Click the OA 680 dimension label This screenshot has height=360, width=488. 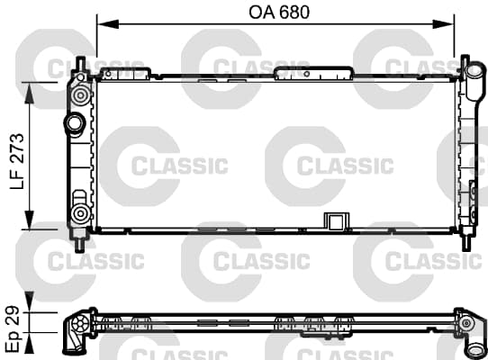(279, 13)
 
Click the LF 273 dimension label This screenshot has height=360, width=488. (17, 161)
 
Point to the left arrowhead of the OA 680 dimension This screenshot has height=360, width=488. (108, 24)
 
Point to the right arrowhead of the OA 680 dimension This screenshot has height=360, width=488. (443, 24)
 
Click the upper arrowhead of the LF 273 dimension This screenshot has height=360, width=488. (29, 93)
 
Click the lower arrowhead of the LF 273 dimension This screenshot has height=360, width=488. (29, 220)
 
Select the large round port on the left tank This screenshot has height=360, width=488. (75, 124)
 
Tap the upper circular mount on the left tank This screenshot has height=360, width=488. (80, 94)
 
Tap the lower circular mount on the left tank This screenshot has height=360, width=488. (80, 214)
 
